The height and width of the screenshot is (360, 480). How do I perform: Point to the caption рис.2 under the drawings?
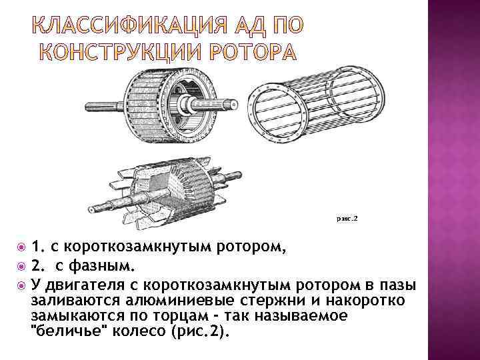[x=347, y=217]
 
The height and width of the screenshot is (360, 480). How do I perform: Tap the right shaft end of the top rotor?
[x=231, y=105]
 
